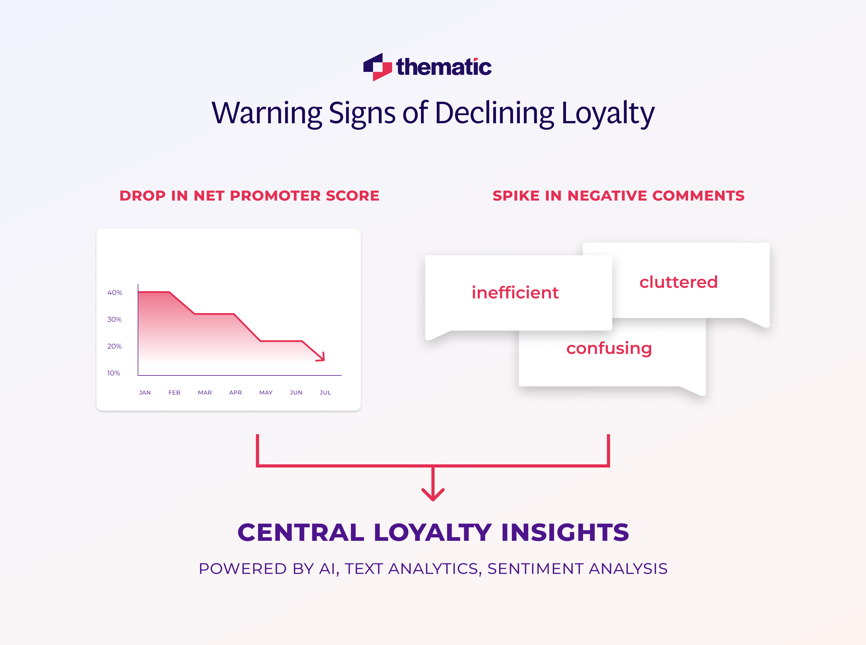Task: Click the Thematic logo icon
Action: point(377,67)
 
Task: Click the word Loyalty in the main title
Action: point(608,113)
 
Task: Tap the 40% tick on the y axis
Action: point(115,292)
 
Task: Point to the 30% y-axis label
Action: point(114,319)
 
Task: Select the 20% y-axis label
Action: point(114,346)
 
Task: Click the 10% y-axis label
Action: point(114,373)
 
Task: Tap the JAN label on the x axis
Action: point(145,392)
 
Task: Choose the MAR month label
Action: point(205,392)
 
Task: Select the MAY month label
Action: point(266,392)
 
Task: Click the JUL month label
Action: point(325,392)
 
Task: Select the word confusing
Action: point(609,348)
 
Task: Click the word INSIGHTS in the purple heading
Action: point(565,532)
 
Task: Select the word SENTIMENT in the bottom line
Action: point(535,569)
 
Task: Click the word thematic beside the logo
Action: point(444,67)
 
